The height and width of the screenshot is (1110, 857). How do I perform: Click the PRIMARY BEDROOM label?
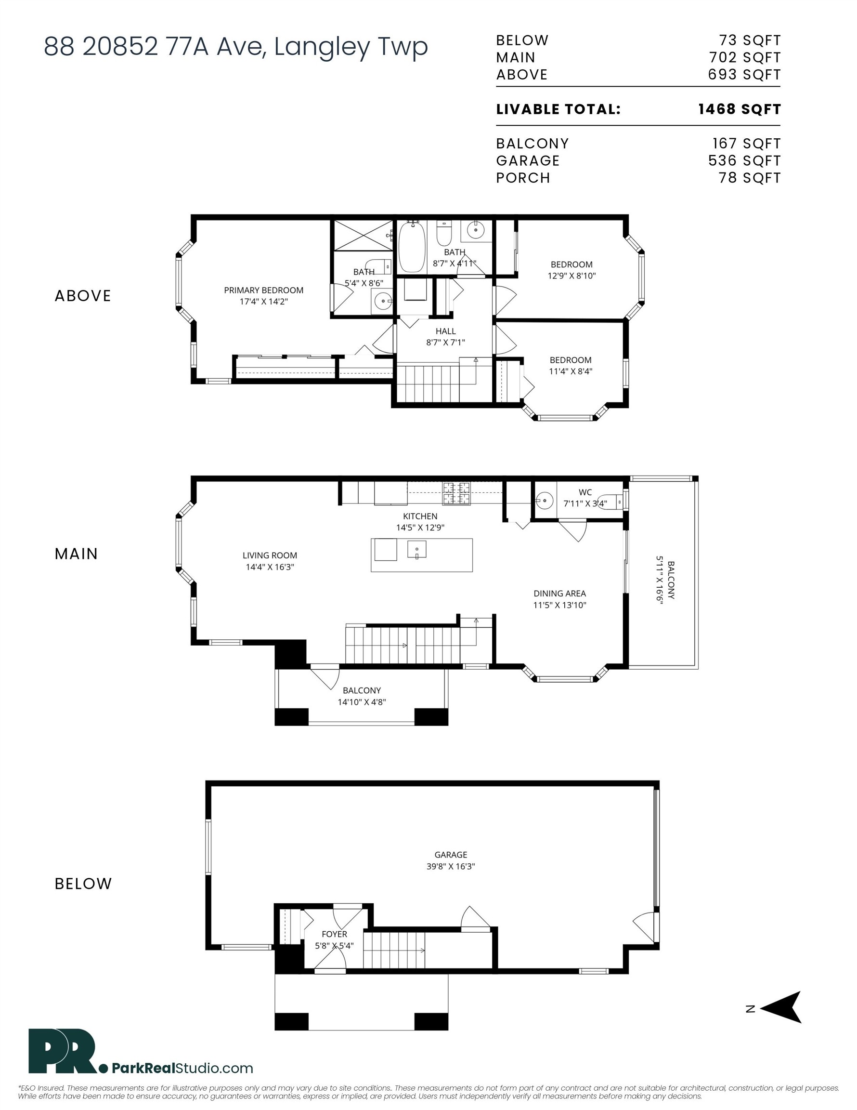[264, 290]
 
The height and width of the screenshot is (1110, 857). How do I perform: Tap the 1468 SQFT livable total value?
[739, 109]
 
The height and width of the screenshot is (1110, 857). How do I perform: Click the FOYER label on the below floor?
[334, 934]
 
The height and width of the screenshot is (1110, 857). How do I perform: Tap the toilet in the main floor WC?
[611, 502]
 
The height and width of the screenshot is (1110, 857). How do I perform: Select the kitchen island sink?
[417, 549]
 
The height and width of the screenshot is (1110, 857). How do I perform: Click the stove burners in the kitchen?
[456, 493]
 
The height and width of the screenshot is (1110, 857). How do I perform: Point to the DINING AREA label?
[559, 594]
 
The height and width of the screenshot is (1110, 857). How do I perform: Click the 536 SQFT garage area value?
[744, 160]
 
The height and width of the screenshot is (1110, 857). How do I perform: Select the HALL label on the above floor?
[445, 331]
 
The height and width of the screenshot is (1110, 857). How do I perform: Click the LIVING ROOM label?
[270, 555]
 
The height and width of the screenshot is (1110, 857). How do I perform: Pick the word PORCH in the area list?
[523, 178]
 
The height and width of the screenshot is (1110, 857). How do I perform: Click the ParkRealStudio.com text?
[182, 1068]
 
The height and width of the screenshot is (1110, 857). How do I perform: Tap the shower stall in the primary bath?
[363, 235]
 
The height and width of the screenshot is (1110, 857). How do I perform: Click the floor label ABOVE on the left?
[83, 296]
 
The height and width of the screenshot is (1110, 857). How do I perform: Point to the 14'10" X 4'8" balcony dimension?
[362, 702]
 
